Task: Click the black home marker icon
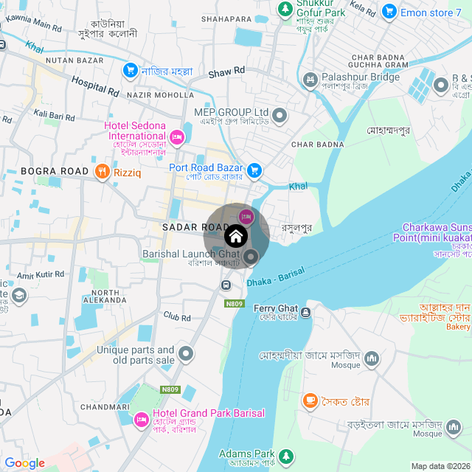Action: tap(236, 237)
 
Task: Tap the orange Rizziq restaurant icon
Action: tap(103, 173)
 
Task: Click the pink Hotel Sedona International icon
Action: tap(176, 136)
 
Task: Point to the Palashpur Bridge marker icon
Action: tap(310, 78)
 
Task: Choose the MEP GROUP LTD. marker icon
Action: tap(280, 115)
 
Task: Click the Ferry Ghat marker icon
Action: tap(305, 313)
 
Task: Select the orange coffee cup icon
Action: tap(310, 400)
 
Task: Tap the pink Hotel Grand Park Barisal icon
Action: tap(141, 419)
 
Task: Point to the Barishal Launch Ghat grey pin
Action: tap(251, 257)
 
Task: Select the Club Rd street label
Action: tap(177, 318)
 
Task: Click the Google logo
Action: tap(24, 462)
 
